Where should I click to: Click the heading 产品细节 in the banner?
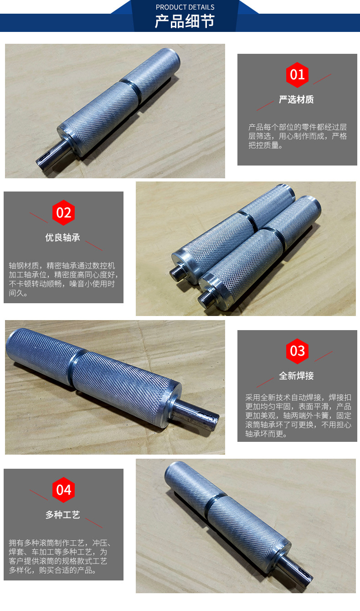click(185, 21)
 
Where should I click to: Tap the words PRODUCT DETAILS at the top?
click(185, 7)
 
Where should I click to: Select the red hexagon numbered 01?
click(297, 75)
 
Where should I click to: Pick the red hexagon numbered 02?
click(63, 212)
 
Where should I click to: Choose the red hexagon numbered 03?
click(297, 351)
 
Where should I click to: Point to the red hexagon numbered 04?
click(63, 490)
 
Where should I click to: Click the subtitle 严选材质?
click(296, 99)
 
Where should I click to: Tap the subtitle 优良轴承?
click(63, 237)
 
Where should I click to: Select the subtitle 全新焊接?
click(296, 376)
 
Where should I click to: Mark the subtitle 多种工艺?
click(63, 514)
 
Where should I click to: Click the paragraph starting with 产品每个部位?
click(297, 136)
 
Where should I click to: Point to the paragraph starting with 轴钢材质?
click(63, 279)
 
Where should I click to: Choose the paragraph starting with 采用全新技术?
click(298, 415)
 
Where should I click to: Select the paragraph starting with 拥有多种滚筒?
click(60, 556)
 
